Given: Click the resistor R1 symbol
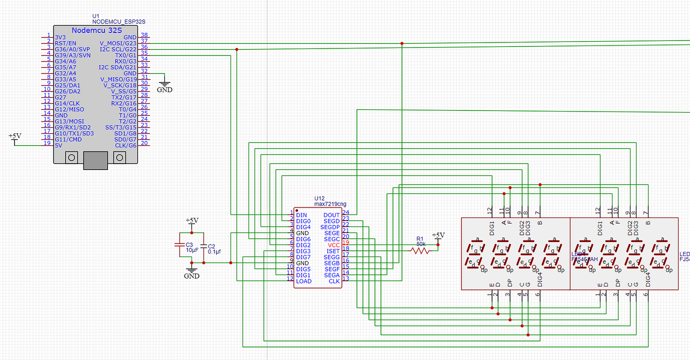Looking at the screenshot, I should pos(420,251).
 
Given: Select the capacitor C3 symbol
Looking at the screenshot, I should pos(179,245).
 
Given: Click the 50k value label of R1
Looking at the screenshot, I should pos(421,243).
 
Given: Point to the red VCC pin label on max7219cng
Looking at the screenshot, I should pos(333,245).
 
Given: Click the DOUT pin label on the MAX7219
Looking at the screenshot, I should pos(331,215).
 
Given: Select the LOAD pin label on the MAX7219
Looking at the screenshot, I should pos(303,281).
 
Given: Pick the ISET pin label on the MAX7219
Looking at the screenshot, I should pos(333,251).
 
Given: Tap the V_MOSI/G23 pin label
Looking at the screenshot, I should pos(118,43).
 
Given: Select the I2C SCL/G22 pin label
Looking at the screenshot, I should pos(117,49).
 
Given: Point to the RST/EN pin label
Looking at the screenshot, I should pos(65,43).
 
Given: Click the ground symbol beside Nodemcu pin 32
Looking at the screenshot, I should pos(164,87).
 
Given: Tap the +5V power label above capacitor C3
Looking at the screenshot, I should pos(191,220).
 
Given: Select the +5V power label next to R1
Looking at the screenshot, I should pos(437,235).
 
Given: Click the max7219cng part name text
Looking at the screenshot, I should pos(330,204).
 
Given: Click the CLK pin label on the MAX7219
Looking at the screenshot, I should pos(334,281).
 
